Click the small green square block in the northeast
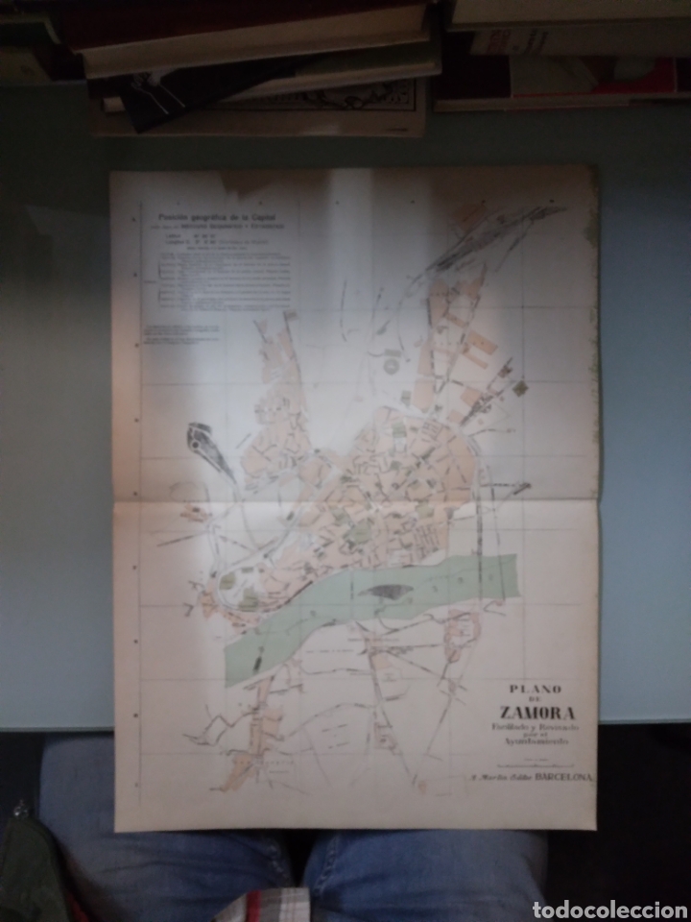tap(518, 388)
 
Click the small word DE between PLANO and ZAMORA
tap(536, 699)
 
